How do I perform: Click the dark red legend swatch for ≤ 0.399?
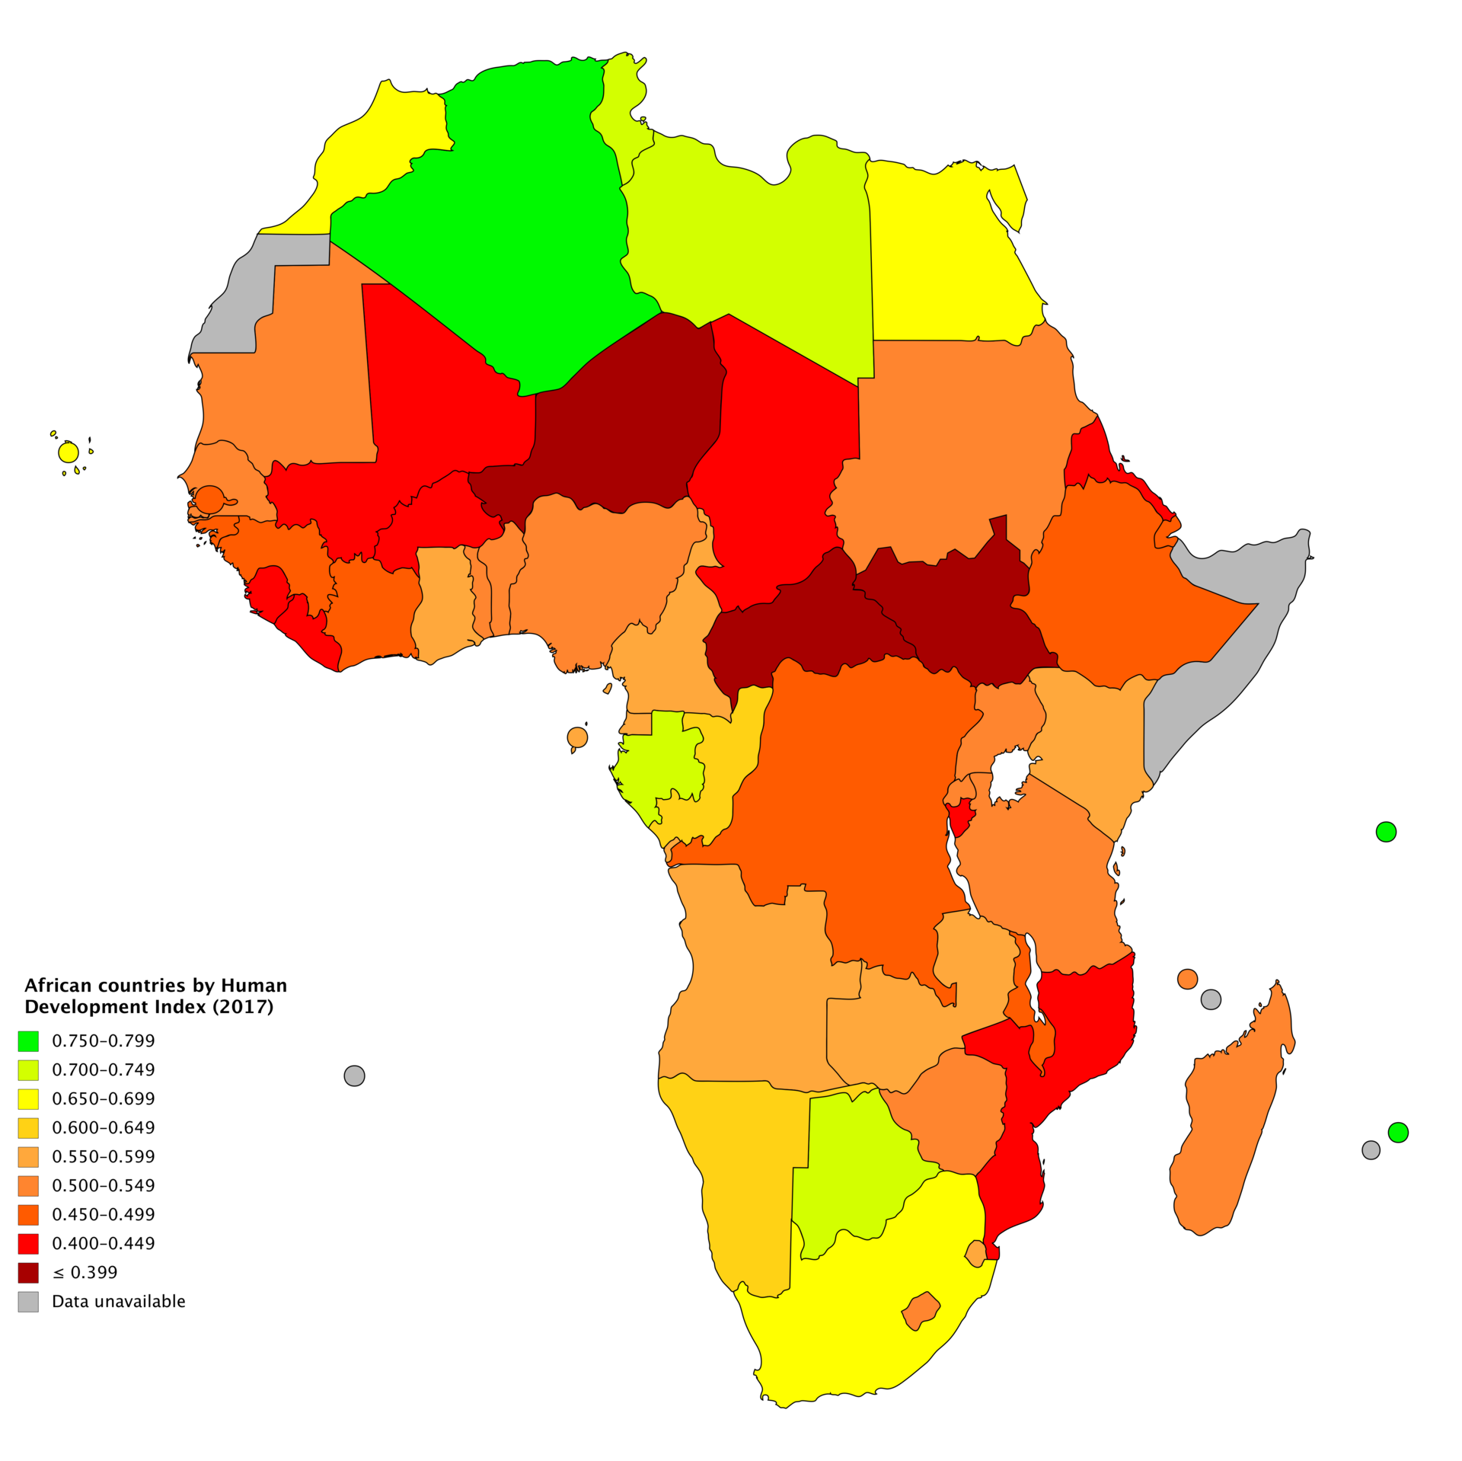tap(28, 1272)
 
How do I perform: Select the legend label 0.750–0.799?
tap(103, 1041)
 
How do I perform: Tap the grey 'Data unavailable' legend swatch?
tap(28, 1301)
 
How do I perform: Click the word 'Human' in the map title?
tap(254, 986)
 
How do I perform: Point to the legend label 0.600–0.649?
tap(103, 1127)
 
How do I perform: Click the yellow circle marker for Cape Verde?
tap(69, 452)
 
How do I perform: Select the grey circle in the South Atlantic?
tap(354, 1076)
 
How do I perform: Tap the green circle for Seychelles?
tap(1386, 832)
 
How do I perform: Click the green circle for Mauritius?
tap(1398, 1133)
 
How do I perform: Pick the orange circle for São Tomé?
tap(577, 737)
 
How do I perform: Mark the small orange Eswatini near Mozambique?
tap(975, 1253)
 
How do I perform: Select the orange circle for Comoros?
tap(1187, 979)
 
